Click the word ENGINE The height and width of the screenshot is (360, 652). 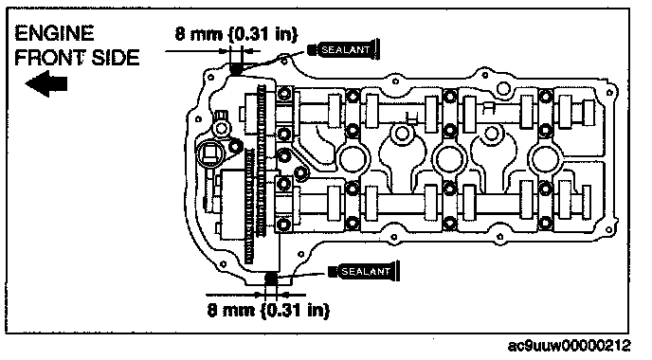(54, 33)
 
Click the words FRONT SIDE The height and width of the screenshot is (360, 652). (77, 58)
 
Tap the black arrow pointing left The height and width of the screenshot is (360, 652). (46, 83)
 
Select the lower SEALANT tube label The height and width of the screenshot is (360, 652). (364, 272)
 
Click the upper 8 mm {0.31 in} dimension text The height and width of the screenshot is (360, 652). (236, 34)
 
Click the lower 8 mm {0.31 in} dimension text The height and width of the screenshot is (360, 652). (268, 310)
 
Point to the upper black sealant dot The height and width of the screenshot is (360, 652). (236, 68)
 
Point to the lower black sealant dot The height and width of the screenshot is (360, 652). (271, 278)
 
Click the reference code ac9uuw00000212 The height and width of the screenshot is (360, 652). (569, 346)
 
